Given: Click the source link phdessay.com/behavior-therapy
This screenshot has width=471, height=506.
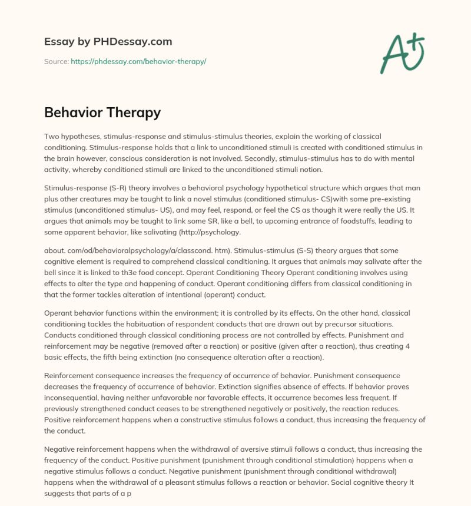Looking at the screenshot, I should coord(138,61).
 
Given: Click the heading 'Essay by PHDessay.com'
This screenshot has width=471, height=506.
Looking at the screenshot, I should coord(108,42).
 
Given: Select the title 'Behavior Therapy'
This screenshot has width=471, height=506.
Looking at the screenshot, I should coord(102,112).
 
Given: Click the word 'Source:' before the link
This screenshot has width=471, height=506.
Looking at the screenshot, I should coord(57,61).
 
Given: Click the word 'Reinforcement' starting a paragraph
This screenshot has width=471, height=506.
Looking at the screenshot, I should coord(71,375).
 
